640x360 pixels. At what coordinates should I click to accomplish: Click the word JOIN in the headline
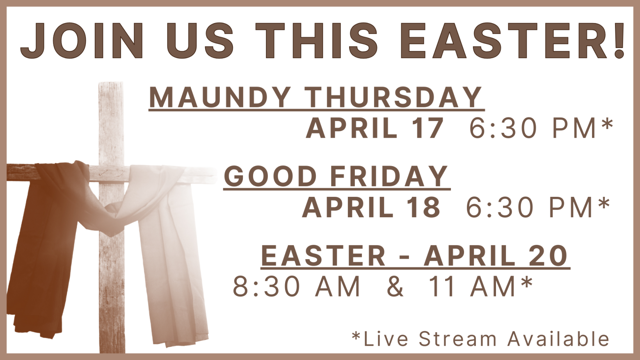[x=82, y=41]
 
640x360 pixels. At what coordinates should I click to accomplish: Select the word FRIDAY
[x=389, y=176]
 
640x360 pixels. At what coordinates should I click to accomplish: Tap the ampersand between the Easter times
[x=395, y=287]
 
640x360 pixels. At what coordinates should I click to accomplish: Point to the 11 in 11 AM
[x=441, y=287]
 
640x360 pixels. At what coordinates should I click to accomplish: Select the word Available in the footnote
[x=558, y=339]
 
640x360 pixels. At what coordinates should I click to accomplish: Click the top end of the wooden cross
[x=111, y=83]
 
